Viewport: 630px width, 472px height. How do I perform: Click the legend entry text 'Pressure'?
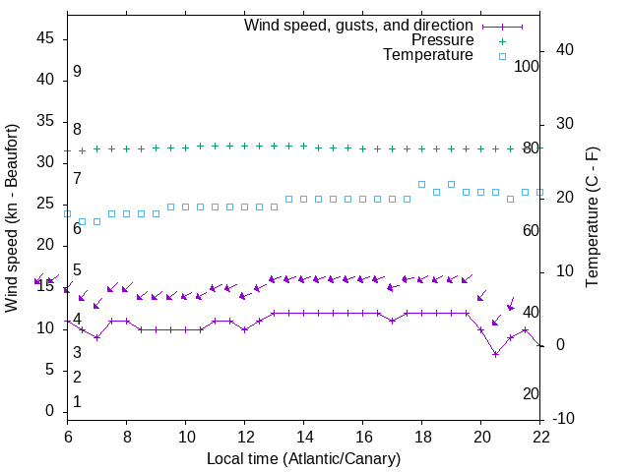tap(443, 40)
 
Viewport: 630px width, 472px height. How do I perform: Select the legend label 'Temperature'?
tap(428, 56)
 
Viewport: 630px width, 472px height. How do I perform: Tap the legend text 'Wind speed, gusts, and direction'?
tap(359, 25)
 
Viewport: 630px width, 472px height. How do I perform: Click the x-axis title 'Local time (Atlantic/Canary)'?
tap(303, 458)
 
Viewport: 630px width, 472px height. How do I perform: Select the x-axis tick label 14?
tap(304, 437)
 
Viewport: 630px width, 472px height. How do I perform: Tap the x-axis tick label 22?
tap(540, 437)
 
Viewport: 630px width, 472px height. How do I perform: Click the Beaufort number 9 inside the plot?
tap(77, 72)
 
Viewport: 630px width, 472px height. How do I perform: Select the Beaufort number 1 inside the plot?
tap(77, 402)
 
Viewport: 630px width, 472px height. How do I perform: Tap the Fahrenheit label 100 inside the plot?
tap(527, 66)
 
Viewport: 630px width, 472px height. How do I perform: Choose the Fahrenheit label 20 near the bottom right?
tap(531, 393)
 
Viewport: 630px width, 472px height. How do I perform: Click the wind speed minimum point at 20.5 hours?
tap(496, 354)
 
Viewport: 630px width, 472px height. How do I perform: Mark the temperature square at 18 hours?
tap(421, 184)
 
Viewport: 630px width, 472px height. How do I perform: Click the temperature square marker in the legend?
tap(502, 56)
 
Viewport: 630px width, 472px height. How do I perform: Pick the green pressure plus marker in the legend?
tap(502, 40)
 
